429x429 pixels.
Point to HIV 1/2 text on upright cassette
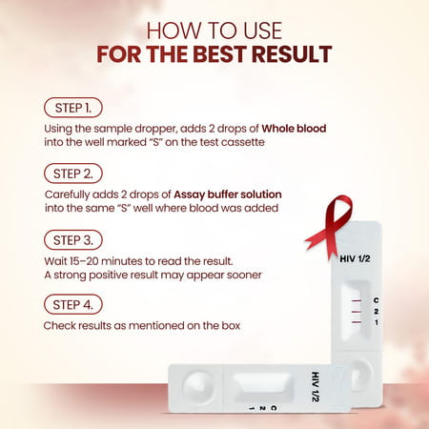pyautogui.click(x=354, y=255)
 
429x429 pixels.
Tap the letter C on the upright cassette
pyautogui.click(x=375, y=301)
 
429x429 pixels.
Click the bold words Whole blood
pyautogui.click(x=270, y=127)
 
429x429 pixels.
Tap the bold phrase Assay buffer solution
pyautogui.click(x=229, y=194)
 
